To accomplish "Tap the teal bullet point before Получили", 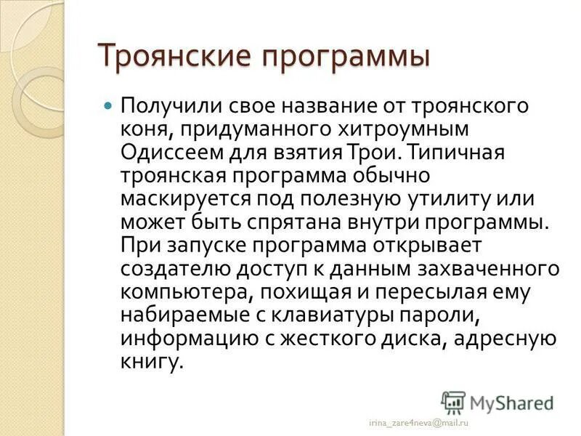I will click(108, 105).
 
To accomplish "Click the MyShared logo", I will click(497, 402).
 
